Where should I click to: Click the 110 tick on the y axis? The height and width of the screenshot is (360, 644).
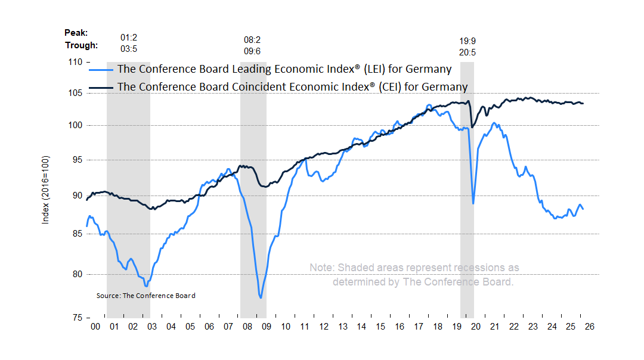pyautogui.click(x=76, y=61)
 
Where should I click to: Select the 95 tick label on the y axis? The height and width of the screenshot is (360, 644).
pyautogui.click(x=76, y=160)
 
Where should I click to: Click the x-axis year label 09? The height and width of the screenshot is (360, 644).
pyautogui.click(x=266, y=327)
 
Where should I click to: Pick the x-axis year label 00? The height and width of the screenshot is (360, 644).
pyautogui.click(x=95, y=327)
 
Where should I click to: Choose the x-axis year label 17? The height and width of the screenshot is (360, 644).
pyautogui.click(x=419, y=327)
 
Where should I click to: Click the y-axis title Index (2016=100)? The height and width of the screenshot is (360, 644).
pyautogui.click(x=45, y=190)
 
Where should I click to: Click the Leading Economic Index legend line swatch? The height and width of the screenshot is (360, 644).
pyautogui.click(x=101, y=70)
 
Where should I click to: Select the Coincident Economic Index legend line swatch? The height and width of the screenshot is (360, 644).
pyautogui.click(x=101, y=88)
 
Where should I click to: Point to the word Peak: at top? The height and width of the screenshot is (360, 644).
pyautogui.click(x=76, y=32)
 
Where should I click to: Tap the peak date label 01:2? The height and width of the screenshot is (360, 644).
pyautogui.click(x=129, y=38)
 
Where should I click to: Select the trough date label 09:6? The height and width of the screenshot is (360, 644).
pyautogui.click(x=253, y=51)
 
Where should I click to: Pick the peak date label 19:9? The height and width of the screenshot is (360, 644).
pyautogui.click(x=467, y=41)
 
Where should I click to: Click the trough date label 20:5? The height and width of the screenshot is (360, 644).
pyautogui.click(x=467, y=52)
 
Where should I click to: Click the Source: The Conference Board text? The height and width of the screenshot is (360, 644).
pyautogui.click(x=145, y=296)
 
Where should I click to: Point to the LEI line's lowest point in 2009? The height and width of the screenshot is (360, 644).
pyautogui.click(x=261, y=297)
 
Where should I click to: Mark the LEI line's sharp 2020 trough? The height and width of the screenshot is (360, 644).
pyautogui.click(x=473, y=204)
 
